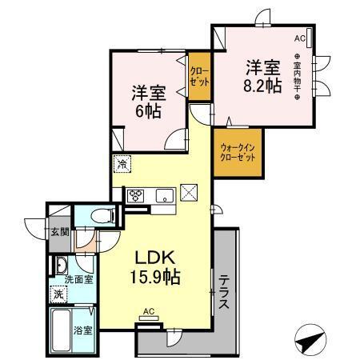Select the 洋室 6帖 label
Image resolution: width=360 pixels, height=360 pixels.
tap(149, 102)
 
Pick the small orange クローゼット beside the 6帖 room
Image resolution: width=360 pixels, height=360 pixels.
tap(199, 77)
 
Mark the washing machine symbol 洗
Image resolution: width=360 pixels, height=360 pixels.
tap(58, 294)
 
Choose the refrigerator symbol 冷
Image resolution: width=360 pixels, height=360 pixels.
tap(122, 163)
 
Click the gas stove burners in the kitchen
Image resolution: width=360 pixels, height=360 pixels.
tap(135, 194)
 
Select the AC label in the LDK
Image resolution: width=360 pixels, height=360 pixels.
tap(148, 311)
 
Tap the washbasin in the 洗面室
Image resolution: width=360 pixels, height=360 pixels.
tap(61, 265)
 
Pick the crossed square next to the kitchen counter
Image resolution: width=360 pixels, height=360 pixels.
tap(189, 192)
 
